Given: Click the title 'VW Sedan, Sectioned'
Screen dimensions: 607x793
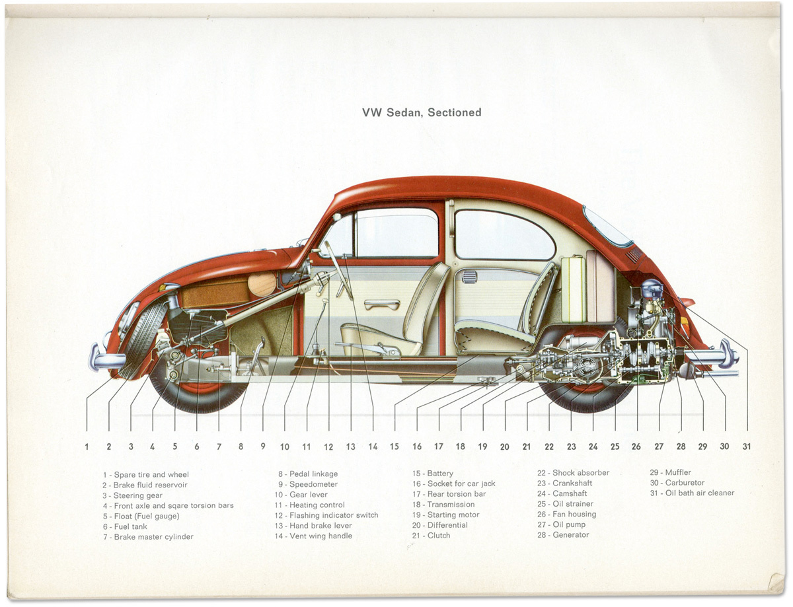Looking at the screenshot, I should pyautogui.click(x=422, y=112).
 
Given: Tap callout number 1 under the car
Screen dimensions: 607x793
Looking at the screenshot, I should pyautogui.click(x=87, y=446).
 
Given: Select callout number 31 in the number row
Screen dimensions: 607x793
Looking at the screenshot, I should pyautogui.click(x=747, y=446).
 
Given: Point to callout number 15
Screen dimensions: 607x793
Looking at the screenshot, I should pyautogui.click(x=395, y=446).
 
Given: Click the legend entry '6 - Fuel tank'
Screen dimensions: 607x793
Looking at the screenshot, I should pyautogui.click(x=126, y=526).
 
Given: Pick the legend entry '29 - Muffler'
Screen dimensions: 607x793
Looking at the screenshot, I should pyautogui.click(x=671, y=472).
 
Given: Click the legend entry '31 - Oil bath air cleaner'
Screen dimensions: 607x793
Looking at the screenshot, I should pyautogui.click(x=692, y=493).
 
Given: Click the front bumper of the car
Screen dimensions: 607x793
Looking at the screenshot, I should pyautogui.click(x=106, y=359).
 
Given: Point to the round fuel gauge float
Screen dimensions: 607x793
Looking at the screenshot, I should pyautogui.click(x=262, y=284).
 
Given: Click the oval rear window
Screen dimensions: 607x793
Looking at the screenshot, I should pyautogui.click(x=607, y=227).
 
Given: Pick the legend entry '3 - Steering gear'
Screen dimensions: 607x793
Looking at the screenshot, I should pyautogui.click(x=132, y=495).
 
